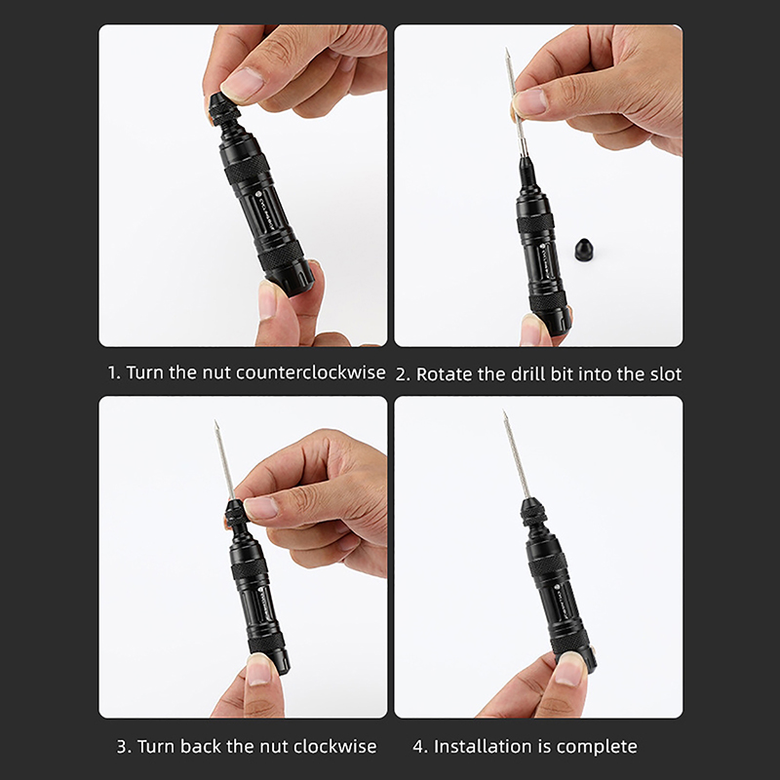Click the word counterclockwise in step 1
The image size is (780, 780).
point(310,372)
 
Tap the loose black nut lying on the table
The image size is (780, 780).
point(584,250)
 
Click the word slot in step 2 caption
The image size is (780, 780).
point(666,374)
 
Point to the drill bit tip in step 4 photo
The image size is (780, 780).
point(504,411)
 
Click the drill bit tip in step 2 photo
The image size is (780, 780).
point(507,50)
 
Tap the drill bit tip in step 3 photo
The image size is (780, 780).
point(215,422)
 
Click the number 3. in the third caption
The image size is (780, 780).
point(125,747)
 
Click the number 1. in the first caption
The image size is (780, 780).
point(114,372)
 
